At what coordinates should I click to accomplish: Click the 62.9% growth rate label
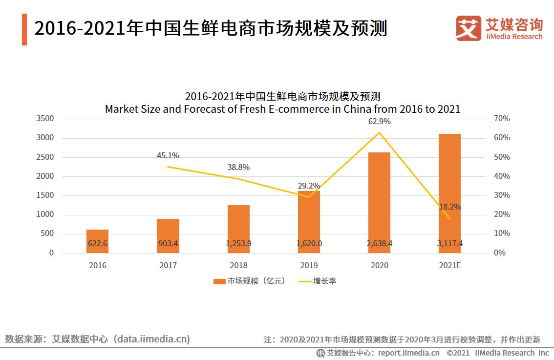[x=379, y=121]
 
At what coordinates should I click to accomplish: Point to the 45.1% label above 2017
[x=168, y=156]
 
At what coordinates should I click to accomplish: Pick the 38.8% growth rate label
[x=238, y=167]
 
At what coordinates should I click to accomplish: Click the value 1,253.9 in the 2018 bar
[x=238, y=243]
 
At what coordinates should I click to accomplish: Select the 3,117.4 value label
[x=449, y=243]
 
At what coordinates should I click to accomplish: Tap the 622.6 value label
[x=97, y=243]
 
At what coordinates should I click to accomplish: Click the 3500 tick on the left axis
[x=44, y=119]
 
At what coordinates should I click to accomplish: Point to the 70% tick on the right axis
[x=501, y=119]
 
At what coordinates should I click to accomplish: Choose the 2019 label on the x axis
[x=309, y=266]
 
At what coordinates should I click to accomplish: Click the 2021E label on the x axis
[x=449, y=266]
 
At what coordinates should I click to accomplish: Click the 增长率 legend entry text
[x=324, y=281]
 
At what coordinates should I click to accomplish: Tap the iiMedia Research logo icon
[x=469, y=28]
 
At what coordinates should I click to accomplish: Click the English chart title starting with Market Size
[x=282, y=109]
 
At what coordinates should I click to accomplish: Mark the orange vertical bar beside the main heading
[x=24, y=29]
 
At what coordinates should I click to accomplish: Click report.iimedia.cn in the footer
[x=408, y=353]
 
